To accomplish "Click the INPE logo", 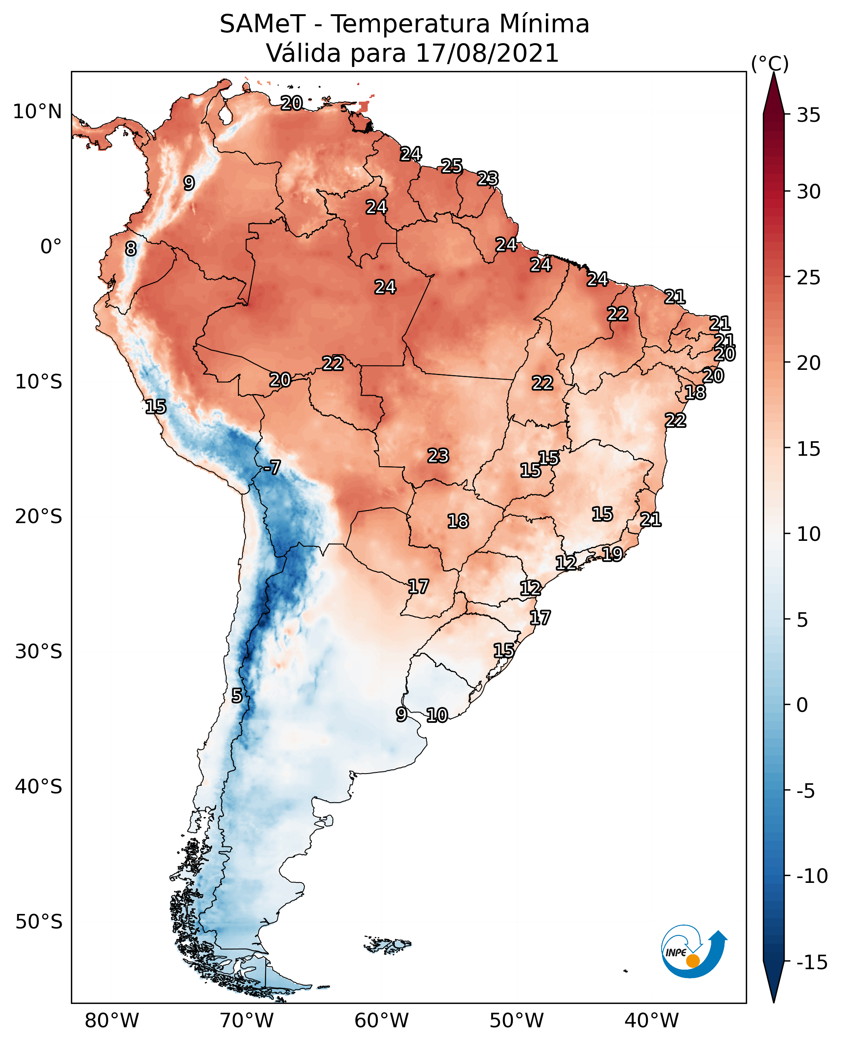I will pyautogui.click(x=693, y=953).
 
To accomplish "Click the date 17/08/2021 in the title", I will pyautogui.click(x=487, y=53).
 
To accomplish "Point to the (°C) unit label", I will pyautogui.click(x=770, y=63).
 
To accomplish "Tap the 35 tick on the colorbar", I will pyautogui.click(x=808, y=115).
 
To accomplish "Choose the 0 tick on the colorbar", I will pyautogui.click(x=802, y=705).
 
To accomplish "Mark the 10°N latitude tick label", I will pyautogui.click(x=37, y=112).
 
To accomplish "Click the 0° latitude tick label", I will pyautogui.click(x=51, y=247).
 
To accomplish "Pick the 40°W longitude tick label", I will pyautogui.click(x=652, y=1020).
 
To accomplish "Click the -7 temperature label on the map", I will pyautogui.click(x=272, y=468).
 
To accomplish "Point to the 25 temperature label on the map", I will pyautogui.click(x=452, y=166).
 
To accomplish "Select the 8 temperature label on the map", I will pyautogui.click(x=131, y=249).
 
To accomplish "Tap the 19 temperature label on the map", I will pyautogui.click(x=612, y=553).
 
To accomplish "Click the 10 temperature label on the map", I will pyautogui.click(x=437, y=715).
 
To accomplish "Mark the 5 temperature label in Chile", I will pyautogui.click(x=236, y=696).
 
